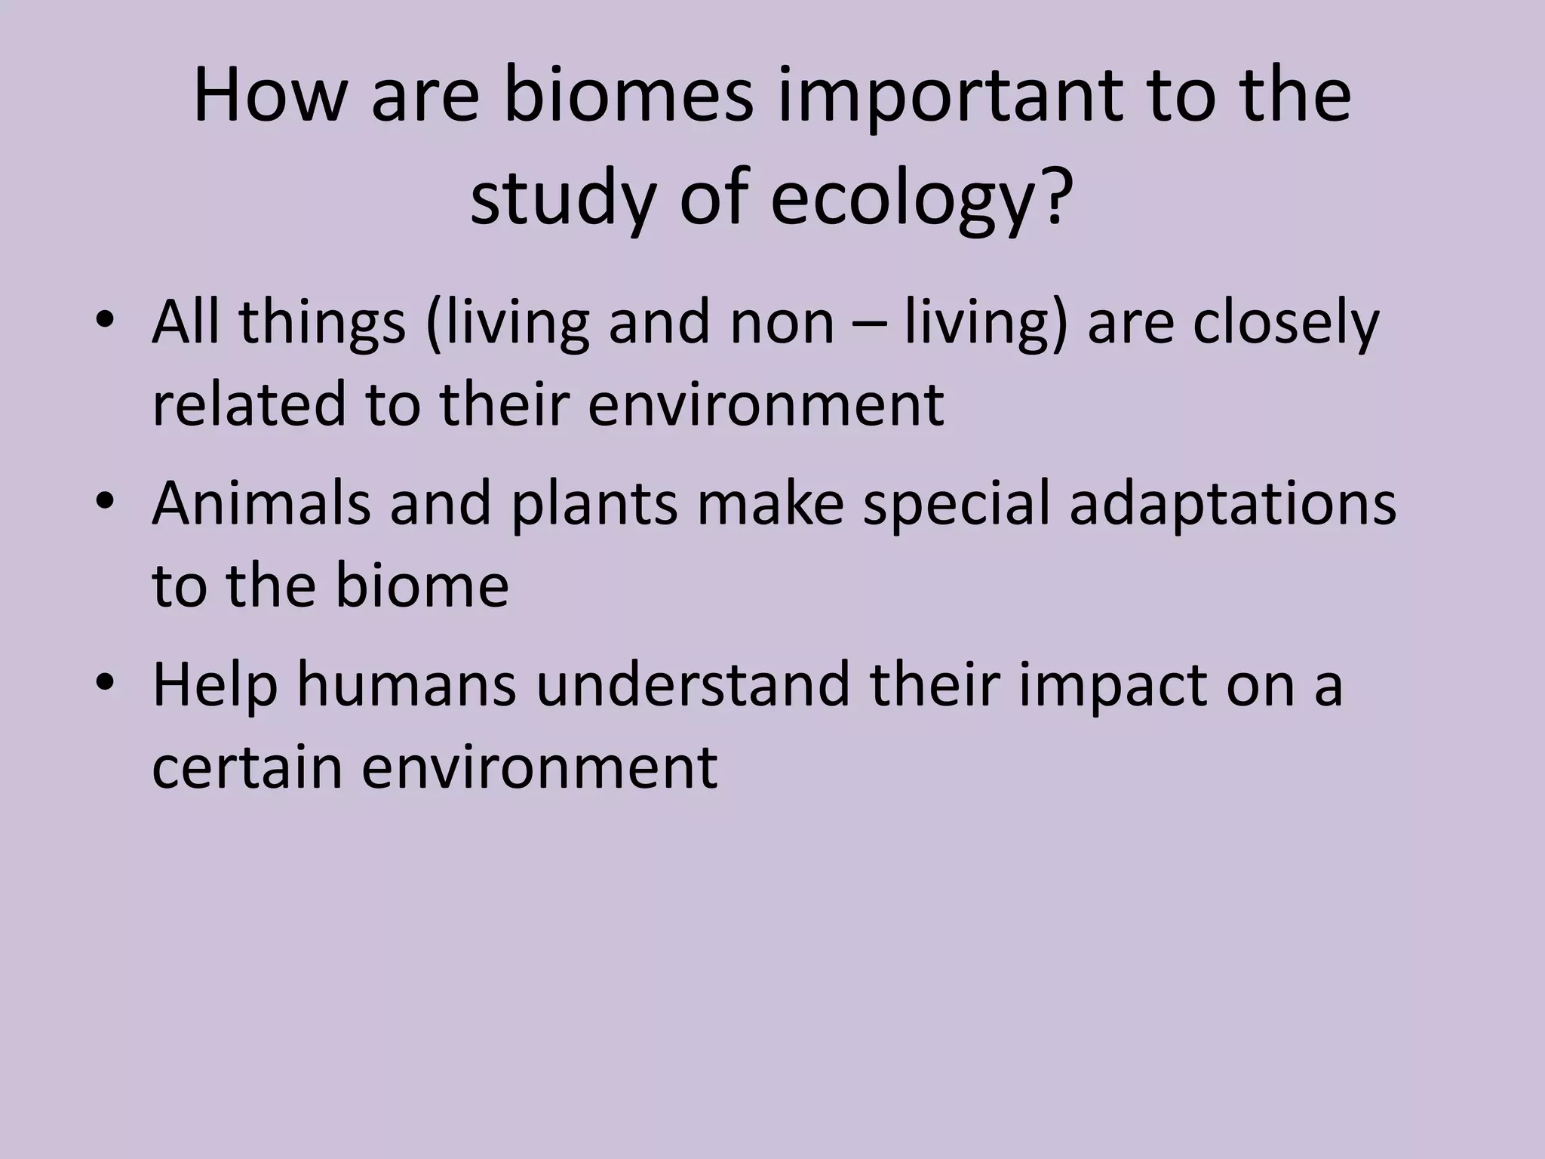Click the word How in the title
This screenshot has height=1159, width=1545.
268,96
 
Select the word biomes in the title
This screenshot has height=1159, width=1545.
628,96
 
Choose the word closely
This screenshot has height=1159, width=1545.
1285,323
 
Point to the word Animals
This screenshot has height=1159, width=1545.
261,504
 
